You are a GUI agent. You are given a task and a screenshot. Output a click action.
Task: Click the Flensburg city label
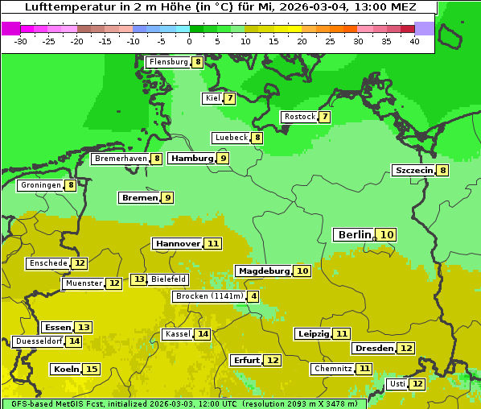click(x=169, y=62)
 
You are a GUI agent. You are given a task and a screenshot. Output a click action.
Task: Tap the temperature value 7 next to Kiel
click(x=230, y=99)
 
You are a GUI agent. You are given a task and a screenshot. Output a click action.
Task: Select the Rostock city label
click(x=300, y=117)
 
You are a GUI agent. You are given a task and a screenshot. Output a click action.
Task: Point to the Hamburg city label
click(x=191, y=159)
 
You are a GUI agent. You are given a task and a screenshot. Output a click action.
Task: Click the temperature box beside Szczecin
click(x=442, y=170)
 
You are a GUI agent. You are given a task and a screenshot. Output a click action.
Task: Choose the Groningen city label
click(x=40, y=185)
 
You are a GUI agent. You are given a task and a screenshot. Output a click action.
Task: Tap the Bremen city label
click(x=139, y=198)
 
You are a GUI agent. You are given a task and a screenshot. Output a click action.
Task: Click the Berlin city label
click(x=354, y=234)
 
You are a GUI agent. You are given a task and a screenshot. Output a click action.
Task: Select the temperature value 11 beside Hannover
click(x=212, y=243)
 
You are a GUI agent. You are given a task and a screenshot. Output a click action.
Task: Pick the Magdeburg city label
click(x=263, y=271)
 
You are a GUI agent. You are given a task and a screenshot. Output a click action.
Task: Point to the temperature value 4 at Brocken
click(x=254, y=296)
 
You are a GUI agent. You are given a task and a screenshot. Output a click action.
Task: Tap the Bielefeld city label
click(x=168, y=279)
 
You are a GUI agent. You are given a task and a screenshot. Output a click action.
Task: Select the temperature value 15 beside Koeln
click(x=92, y=370)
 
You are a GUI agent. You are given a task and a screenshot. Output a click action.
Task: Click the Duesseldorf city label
click(x=39, y=341)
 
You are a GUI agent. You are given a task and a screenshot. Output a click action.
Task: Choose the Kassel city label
click(x=178, y=334)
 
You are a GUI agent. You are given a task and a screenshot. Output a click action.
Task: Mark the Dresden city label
click(x=373, y=349)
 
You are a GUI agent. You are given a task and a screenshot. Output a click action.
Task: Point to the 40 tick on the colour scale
click(x=414, y=41)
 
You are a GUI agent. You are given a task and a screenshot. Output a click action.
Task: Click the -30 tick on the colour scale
click(x=21, y=41)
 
